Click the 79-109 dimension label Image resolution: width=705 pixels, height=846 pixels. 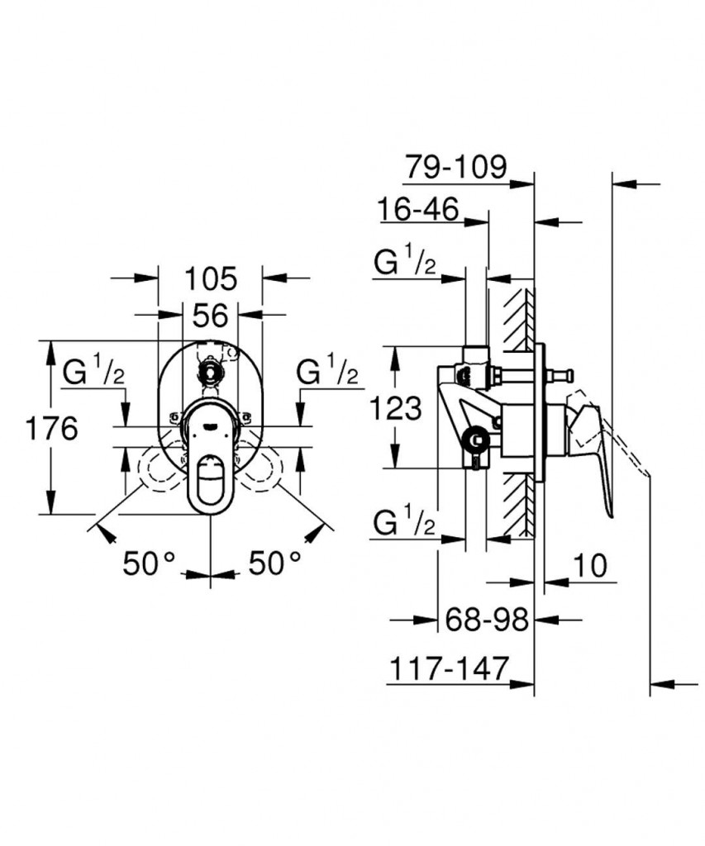tap(456, 167)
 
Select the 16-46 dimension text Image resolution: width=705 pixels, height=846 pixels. tap(418, 209)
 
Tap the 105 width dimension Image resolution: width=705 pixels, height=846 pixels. tap(211, 279)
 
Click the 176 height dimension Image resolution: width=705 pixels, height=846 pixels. tap(52, 430)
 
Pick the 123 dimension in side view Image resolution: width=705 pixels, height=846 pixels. tap(395, 408)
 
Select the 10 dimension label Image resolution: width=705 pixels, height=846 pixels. tap(589, 566)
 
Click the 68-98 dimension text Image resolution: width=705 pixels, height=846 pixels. tap(486, 620)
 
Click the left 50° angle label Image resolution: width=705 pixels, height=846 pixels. tap(149, 563)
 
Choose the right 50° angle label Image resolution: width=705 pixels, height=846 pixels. tap(274, 563)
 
